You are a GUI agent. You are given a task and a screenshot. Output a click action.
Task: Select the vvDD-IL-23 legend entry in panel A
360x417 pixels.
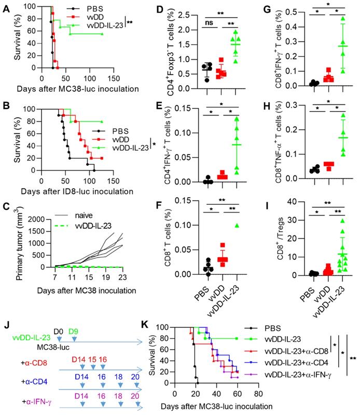(104, 24)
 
